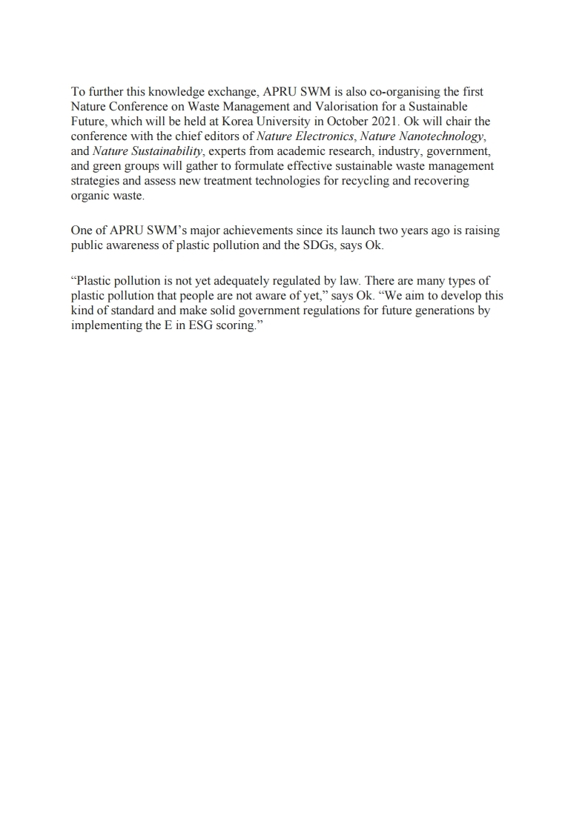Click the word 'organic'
coord(90,196)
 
